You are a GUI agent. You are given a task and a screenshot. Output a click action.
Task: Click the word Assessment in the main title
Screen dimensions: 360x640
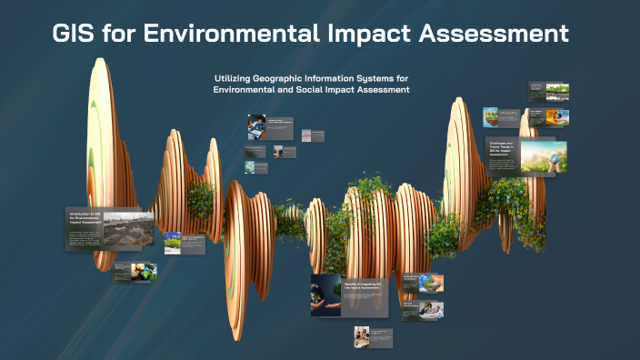(495, 35)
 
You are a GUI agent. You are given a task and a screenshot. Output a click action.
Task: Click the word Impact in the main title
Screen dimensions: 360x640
(368, 35)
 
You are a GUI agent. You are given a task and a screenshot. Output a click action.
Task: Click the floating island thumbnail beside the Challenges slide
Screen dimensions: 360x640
(491, 116)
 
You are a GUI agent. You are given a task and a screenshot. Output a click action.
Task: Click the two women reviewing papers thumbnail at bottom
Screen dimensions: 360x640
(362, 335)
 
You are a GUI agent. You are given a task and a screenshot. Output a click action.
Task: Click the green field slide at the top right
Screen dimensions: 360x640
(557, 91)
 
